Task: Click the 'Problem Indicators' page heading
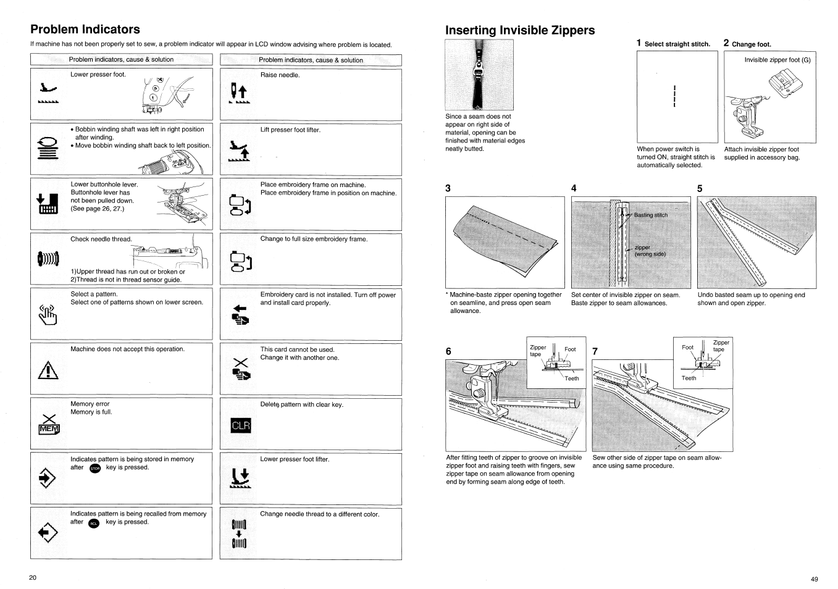(x=85, y=29)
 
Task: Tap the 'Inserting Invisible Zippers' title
(x=520, y=30)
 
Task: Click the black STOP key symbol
(x=94, y=469)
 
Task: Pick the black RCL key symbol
(x=94, y=523)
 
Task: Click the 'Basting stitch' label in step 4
(x=650, y=215)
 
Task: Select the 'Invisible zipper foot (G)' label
(x=777, y=60)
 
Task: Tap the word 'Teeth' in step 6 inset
(x=572, y=378)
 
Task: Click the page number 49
(x=814, y=579)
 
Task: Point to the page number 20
(x=33, y=578)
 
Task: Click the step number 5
(x=700, y=189)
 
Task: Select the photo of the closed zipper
(x=479, y=75)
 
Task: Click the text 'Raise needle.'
(x=280, y=75)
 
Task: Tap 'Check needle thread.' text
(x=101, y=240)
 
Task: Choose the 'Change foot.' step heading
(x=751, y=44)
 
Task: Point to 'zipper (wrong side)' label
(x=650, y=251)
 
